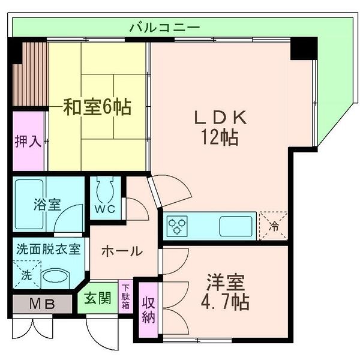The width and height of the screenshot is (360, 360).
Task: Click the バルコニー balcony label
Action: click(164, 27)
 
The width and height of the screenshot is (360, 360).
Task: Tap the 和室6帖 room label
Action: click(97, 109)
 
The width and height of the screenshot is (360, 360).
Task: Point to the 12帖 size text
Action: click(218, 138)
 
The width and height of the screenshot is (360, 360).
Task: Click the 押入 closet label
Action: click(28, 142)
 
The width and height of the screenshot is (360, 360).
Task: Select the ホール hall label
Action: click(121, 251)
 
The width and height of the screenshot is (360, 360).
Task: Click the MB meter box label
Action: click(43, 304)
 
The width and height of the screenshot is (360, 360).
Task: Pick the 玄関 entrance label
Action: click(97, 298)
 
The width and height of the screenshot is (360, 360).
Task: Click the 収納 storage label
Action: click(148, 310)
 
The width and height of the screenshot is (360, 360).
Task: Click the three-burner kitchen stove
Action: click(177, 226)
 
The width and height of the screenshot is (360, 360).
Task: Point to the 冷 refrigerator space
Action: click(273, 226)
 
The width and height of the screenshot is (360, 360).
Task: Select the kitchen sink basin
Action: click(231, 226)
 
